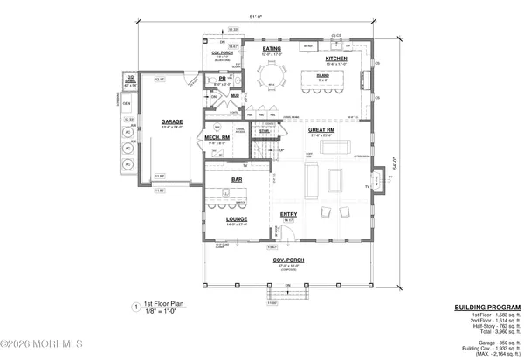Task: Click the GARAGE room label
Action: click(x=171, y=121)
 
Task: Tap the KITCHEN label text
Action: click(x=336, y=59)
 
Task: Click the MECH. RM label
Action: click(x=218, y=136)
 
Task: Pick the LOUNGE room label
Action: click(x=237, y=219)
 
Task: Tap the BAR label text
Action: click(x=237, y=179)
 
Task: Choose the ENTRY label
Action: click(x=288, y=213)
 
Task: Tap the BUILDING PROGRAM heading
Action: click(x=487, y=308)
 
